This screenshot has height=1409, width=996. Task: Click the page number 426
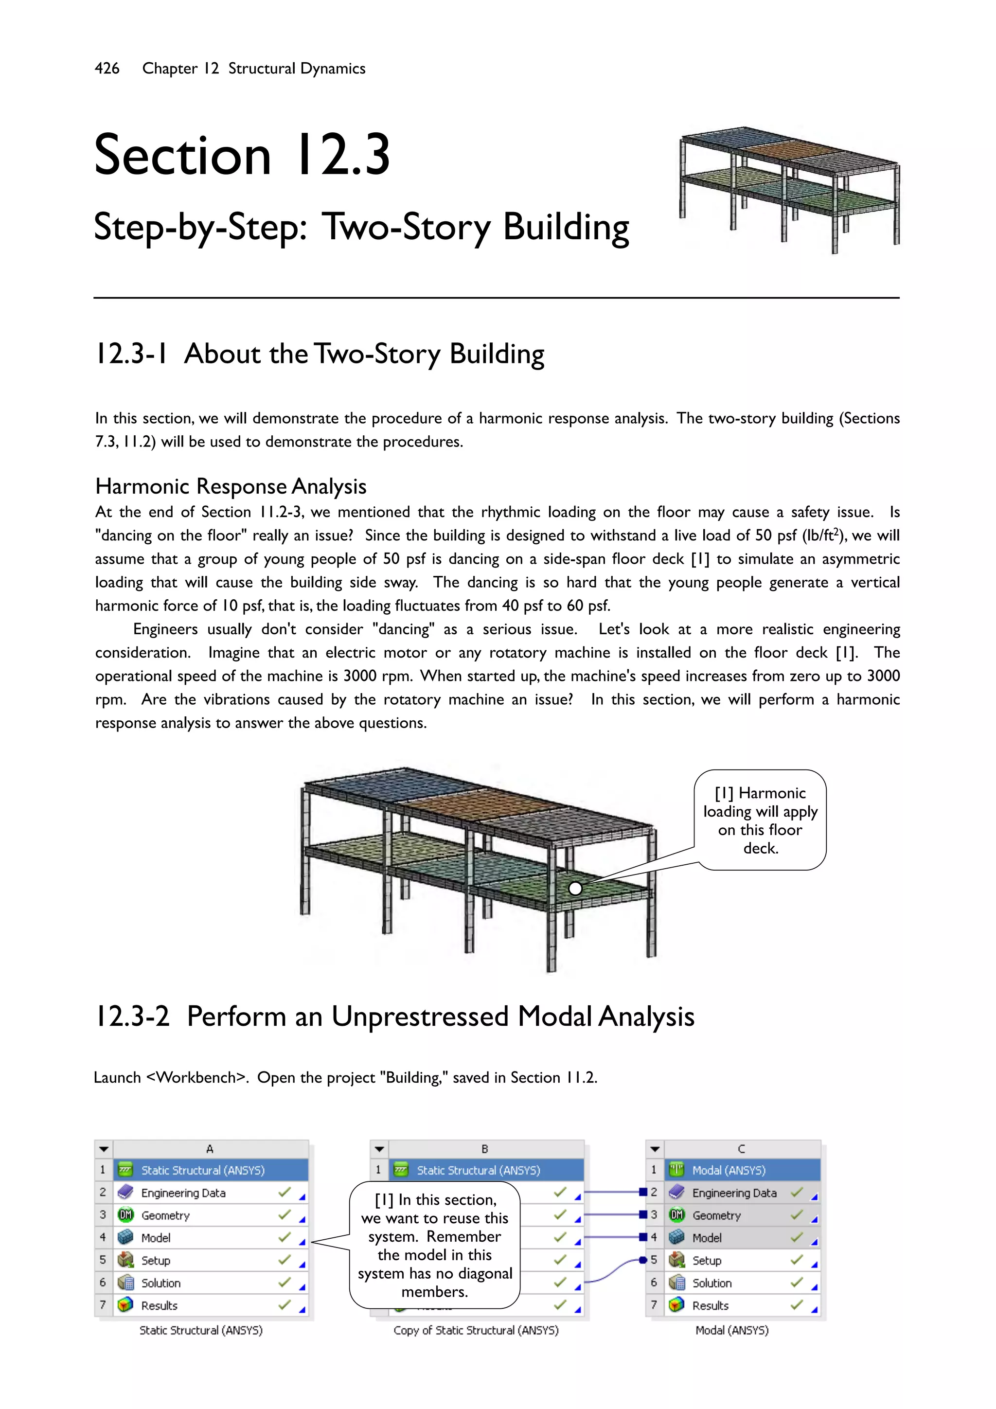pyautogui.click(x=107, y=68)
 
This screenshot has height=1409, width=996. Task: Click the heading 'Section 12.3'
pyautogui.click(x=242, y=155)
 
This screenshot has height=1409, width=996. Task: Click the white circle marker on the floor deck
pyautogui.click(x=575, y=888)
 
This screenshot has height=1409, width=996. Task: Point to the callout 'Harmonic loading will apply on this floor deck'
pyautogui.click(x=760, y=820)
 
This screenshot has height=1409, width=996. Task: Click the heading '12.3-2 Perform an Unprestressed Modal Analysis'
pyautogui.click(x=394, y=1016)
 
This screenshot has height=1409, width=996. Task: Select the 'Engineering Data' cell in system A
pyautogui.click(x=183, y=1193)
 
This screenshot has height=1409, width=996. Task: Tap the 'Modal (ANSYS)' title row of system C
pyautogui.click(x=729, y=1170)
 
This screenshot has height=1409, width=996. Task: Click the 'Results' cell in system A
pyautogui.click(x=159, y=1306)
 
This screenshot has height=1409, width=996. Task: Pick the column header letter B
pyautogui.click(x=485, y=1149)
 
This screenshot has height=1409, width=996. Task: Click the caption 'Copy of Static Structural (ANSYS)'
pyautogui.click(x=476, y=1330)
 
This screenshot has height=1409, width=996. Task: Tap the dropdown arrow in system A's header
pyautogui.click(x=104, y=1149)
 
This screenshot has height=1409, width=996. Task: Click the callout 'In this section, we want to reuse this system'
pyautogui.click(x=434, y=1245)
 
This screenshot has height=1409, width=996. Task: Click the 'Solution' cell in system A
pyautogui.click(x=161, y=1283)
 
